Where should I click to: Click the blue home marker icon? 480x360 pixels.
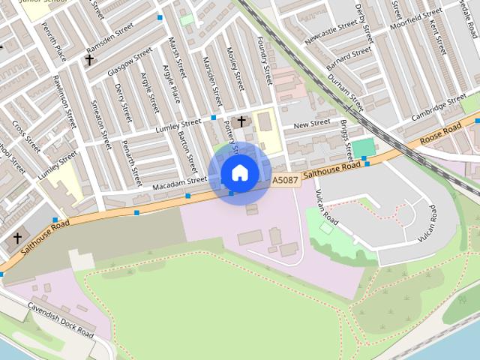(240, 173)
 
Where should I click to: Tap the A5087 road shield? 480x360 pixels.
(285, 181)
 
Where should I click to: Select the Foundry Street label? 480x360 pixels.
(264, 61)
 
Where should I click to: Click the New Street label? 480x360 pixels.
(311, 123)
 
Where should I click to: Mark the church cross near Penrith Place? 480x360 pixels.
(89, 58)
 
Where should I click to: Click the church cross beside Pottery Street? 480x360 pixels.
(241, 120)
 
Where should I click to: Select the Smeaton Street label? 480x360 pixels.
(100, 124)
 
